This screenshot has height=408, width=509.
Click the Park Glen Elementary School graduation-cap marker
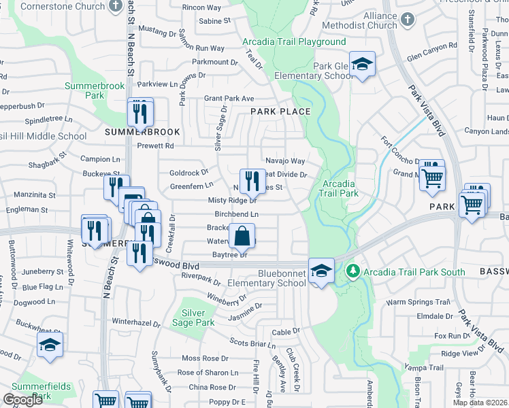(x=363, y=65)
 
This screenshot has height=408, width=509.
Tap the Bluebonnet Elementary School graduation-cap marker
(x=321, y=271)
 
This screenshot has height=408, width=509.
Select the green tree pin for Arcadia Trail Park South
(x=352, y=272)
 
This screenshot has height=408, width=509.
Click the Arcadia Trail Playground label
(x=294, y=41)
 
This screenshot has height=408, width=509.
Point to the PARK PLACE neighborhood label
(x=280, y=112)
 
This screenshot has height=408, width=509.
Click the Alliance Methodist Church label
(x=370, y=20)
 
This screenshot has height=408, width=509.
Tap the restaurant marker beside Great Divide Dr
(x=252, y=180)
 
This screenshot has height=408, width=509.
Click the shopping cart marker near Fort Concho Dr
(x=431, y=177)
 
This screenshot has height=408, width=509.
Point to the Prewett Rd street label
(x=155, y=146)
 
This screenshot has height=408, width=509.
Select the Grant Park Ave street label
(x=229, y=99)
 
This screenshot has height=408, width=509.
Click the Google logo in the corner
(x=23, y=400)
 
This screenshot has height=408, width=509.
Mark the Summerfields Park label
(x=41, y=391)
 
